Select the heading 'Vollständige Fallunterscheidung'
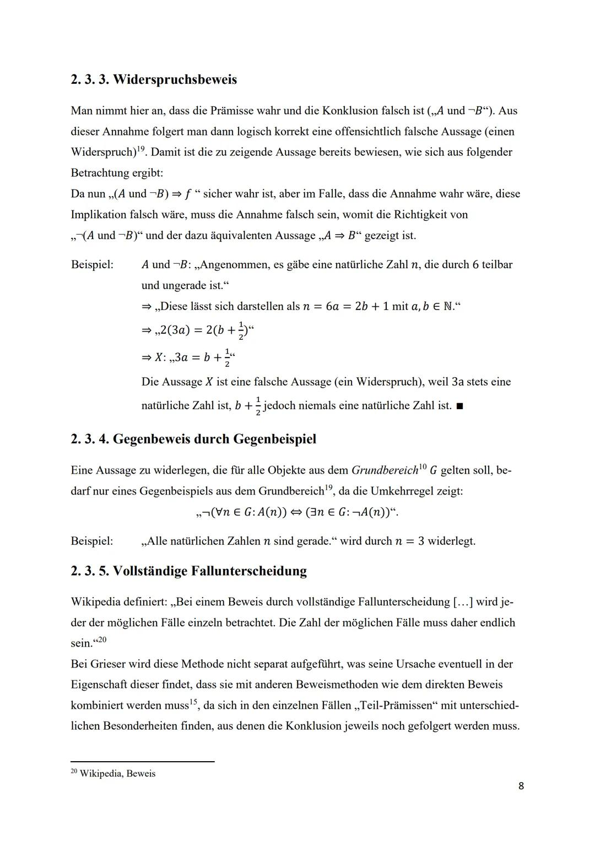pyautogui.click(x=210, y=571)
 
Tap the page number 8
pyautogui.click(x=521, y=786)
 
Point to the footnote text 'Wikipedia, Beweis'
pyautogui.click(x=117, y=774)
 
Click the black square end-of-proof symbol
pyautogui.click(x=460, y=406)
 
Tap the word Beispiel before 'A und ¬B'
pyautogui.click(x=92, y=265)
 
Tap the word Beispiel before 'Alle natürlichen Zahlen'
pyautogui.click(x=92, y=541)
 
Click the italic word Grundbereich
pyautogui.click(x=385, y=471)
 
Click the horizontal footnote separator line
pyautogui.click(x=142, y=762)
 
